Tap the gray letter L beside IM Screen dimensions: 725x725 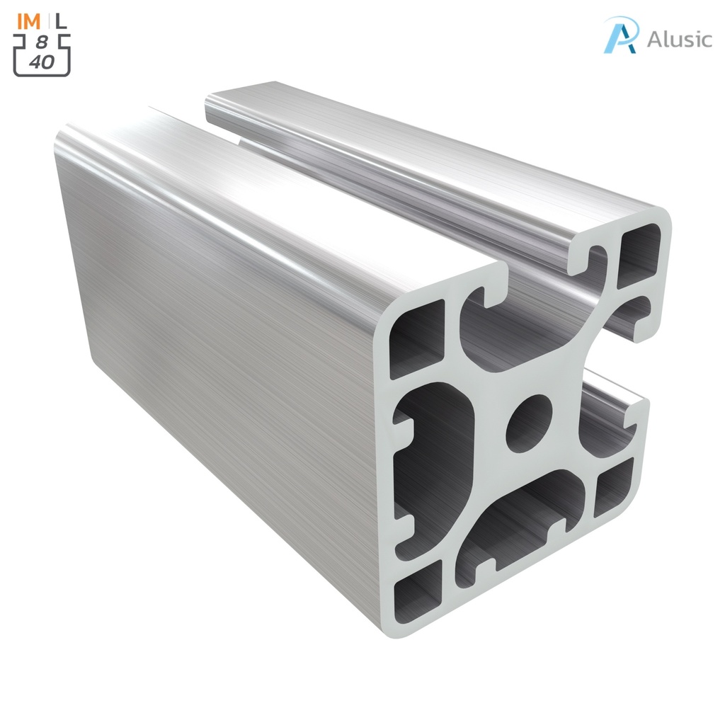coord(62,21)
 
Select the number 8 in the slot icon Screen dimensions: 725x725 coord(42,43)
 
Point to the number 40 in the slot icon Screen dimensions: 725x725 coord(42,62)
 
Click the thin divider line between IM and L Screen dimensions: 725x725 coord(47,21)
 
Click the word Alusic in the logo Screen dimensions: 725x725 coord(679,39)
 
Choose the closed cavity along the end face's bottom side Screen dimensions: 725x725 coord(524,524)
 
